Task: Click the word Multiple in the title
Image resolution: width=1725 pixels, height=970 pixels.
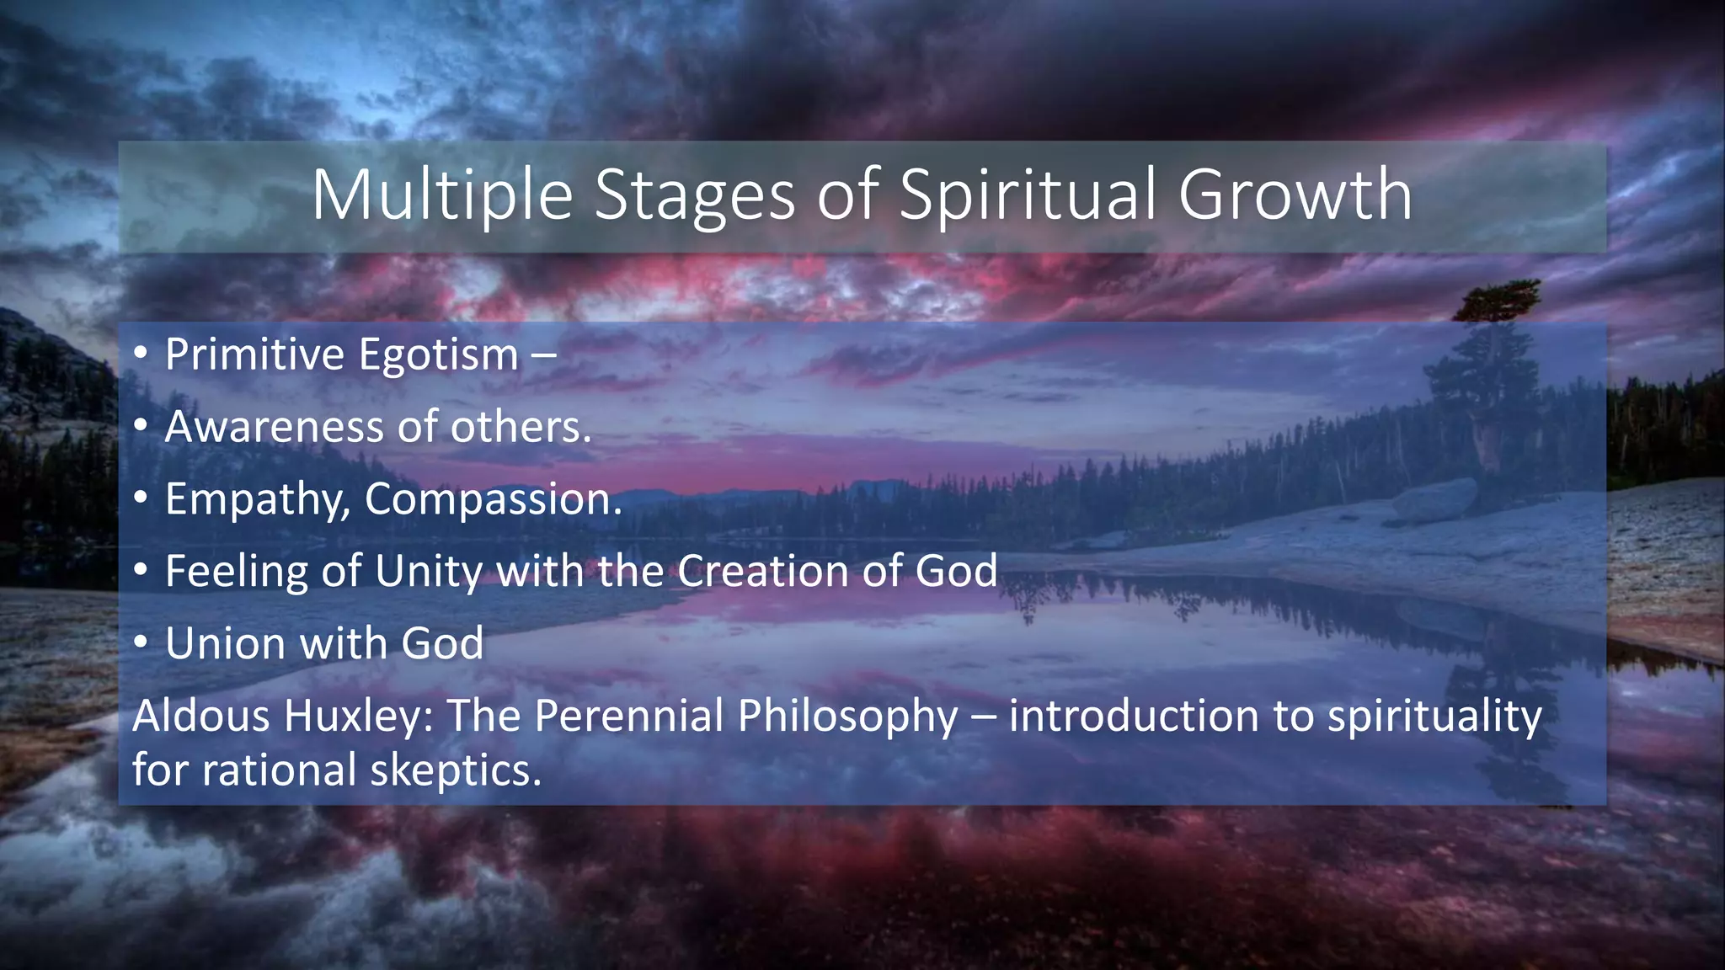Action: coord(442,195)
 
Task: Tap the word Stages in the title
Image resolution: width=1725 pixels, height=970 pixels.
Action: coord(695,195)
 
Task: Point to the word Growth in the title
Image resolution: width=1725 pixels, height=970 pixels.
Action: coord(1295,195)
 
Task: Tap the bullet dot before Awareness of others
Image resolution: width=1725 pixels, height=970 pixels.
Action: coord(141,424)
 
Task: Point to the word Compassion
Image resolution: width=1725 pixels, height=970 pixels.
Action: coord(493,500)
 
